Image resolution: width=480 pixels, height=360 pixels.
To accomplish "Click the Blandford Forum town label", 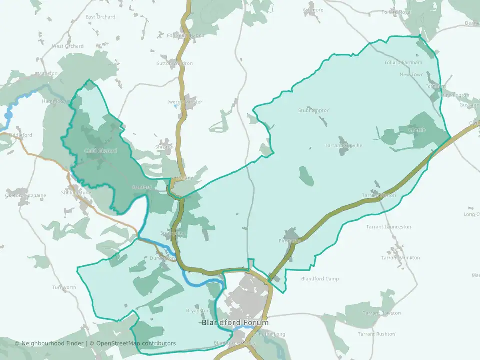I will [x=235, y=322].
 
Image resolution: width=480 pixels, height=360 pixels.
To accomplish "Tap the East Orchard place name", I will [x=100, y=17].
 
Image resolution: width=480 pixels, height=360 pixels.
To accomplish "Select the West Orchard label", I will [x=68, y=46].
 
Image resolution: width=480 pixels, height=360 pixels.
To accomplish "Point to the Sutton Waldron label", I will [x=174, y=64].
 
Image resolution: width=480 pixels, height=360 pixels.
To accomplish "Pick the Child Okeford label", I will [x=100, y=151].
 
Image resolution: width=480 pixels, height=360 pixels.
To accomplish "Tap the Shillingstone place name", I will [x=76, y=192].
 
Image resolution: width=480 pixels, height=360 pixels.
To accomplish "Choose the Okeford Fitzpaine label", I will [x=25, y=195].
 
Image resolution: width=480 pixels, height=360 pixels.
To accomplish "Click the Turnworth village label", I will [x=64, y=287].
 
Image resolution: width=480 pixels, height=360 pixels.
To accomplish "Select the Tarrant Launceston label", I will [x=388, y=227].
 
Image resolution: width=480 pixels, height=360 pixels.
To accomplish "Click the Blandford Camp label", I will [x=320, y=279].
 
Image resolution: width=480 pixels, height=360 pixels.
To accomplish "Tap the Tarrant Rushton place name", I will [x=376, y=334].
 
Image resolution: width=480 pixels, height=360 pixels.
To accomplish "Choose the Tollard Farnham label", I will [x=403, y=62].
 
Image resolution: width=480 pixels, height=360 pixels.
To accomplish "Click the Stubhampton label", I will [x=314, y=110].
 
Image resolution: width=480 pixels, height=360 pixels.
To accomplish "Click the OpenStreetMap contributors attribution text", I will [x=136, y=343].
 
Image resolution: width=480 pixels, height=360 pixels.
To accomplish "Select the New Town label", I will [x=411, y=74].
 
